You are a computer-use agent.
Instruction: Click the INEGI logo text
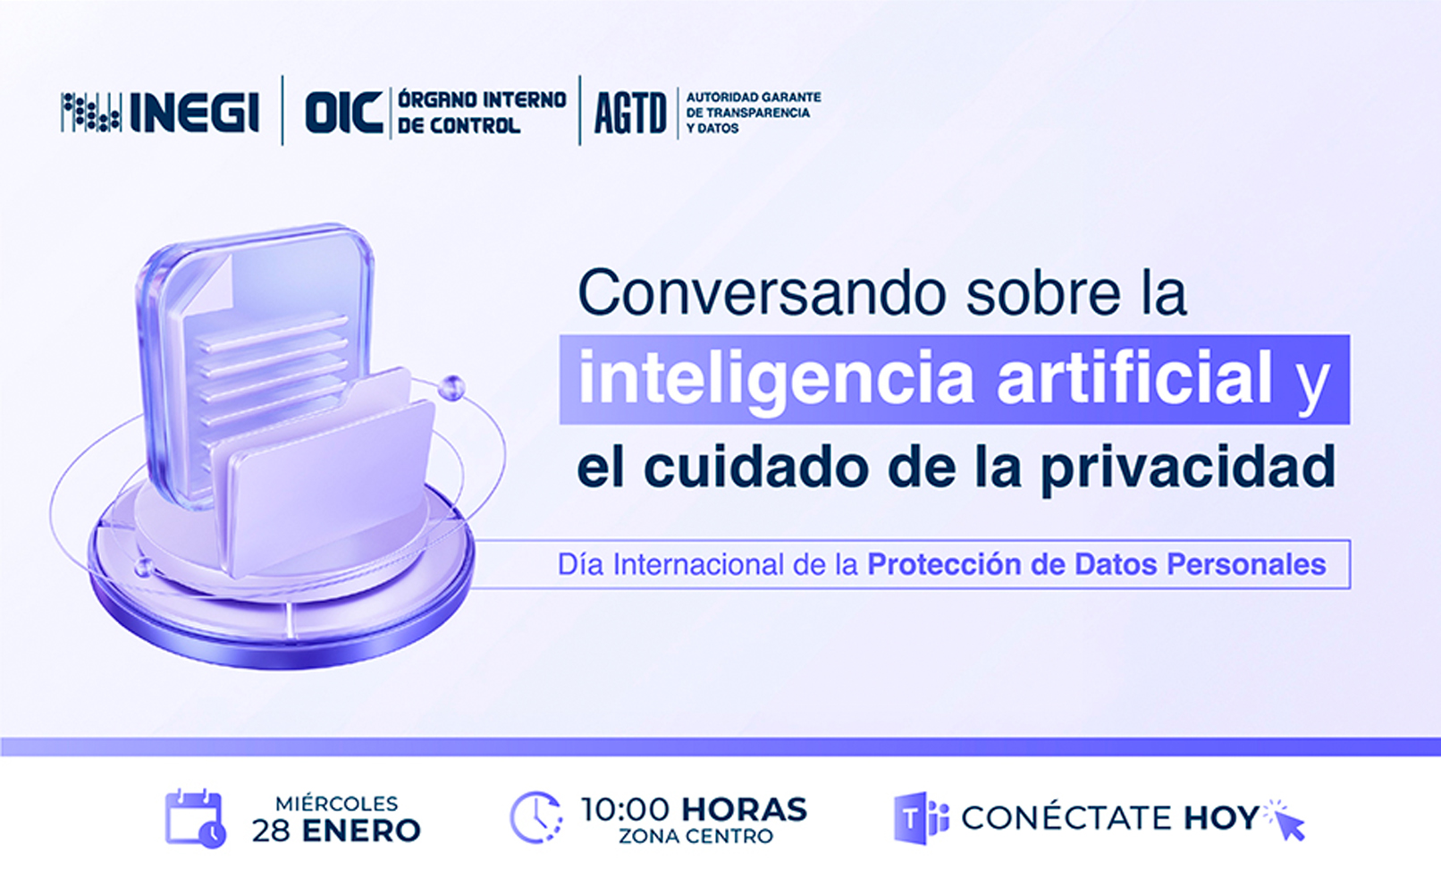pos(195,113)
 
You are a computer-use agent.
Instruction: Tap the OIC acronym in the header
pos(343,113)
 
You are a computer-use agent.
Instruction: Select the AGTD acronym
pos(630,114)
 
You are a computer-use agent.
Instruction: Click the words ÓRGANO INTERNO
pos(482,100)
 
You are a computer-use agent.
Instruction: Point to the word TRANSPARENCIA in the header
pos(757,113)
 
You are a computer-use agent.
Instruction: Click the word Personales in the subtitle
pos(1246,564)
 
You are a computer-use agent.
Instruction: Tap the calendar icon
pos(196,818)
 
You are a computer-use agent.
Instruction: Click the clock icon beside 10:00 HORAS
pos(536,817)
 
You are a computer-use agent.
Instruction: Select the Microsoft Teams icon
pos(922,818)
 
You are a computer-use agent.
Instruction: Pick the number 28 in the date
pos(271,831)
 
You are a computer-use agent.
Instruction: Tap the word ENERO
pos(361,831)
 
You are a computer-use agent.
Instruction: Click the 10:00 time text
pos(625,809)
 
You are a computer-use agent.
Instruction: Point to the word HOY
pos(1221,818)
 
